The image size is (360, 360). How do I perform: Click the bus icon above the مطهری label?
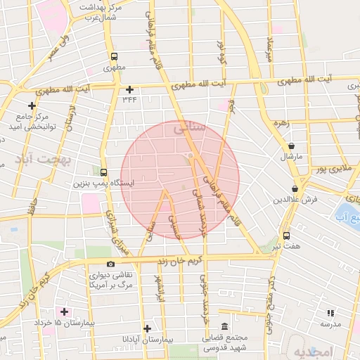(x=114, y=56)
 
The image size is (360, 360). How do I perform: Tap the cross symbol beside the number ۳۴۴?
(x=129, y=89)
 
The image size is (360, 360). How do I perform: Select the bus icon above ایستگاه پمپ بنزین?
(x=104, y=172)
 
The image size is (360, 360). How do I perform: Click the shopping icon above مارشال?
(x=291, y=146)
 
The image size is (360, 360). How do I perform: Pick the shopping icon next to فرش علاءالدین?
(x=295, y=189)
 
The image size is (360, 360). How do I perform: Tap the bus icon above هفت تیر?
(x=286, y=236)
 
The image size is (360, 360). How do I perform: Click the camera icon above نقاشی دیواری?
(x=111, y=264)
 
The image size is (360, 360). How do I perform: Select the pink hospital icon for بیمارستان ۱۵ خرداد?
(x=65, y=311)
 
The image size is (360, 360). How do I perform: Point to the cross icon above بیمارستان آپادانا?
(x=147, y=328)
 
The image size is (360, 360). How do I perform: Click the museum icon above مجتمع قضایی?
(x=224, y=328)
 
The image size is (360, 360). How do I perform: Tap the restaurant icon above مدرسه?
(x=330, y=313)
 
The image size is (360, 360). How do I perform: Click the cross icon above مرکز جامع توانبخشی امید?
(x=32, y=105)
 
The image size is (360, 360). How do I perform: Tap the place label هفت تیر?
(x=286, y=247)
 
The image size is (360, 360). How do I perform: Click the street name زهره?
(x=282, y=122)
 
